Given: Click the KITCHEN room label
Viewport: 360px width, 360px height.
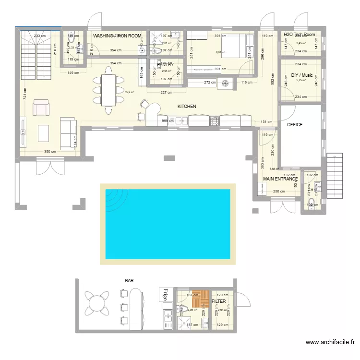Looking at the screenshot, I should (187, 107).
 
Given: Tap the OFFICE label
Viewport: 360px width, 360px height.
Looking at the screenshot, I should (295, 125).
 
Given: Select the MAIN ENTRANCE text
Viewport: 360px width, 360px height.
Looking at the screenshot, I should (280, 179).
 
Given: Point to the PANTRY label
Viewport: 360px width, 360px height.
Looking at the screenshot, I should (165, 65).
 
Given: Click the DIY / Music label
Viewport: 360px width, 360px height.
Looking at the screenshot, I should (302, 75).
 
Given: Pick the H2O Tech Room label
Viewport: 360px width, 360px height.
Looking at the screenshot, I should (299, 35).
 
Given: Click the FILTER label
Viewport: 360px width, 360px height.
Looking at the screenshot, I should (219, 301).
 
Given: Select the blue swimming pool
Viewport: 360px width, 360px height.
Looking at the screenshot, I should (167, 224).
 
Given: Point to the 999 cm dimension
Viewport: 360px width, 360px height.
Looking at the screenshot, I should (168, 121).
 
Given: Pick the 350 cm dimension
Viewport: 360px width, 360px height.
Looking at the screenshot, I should (50, 152).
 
